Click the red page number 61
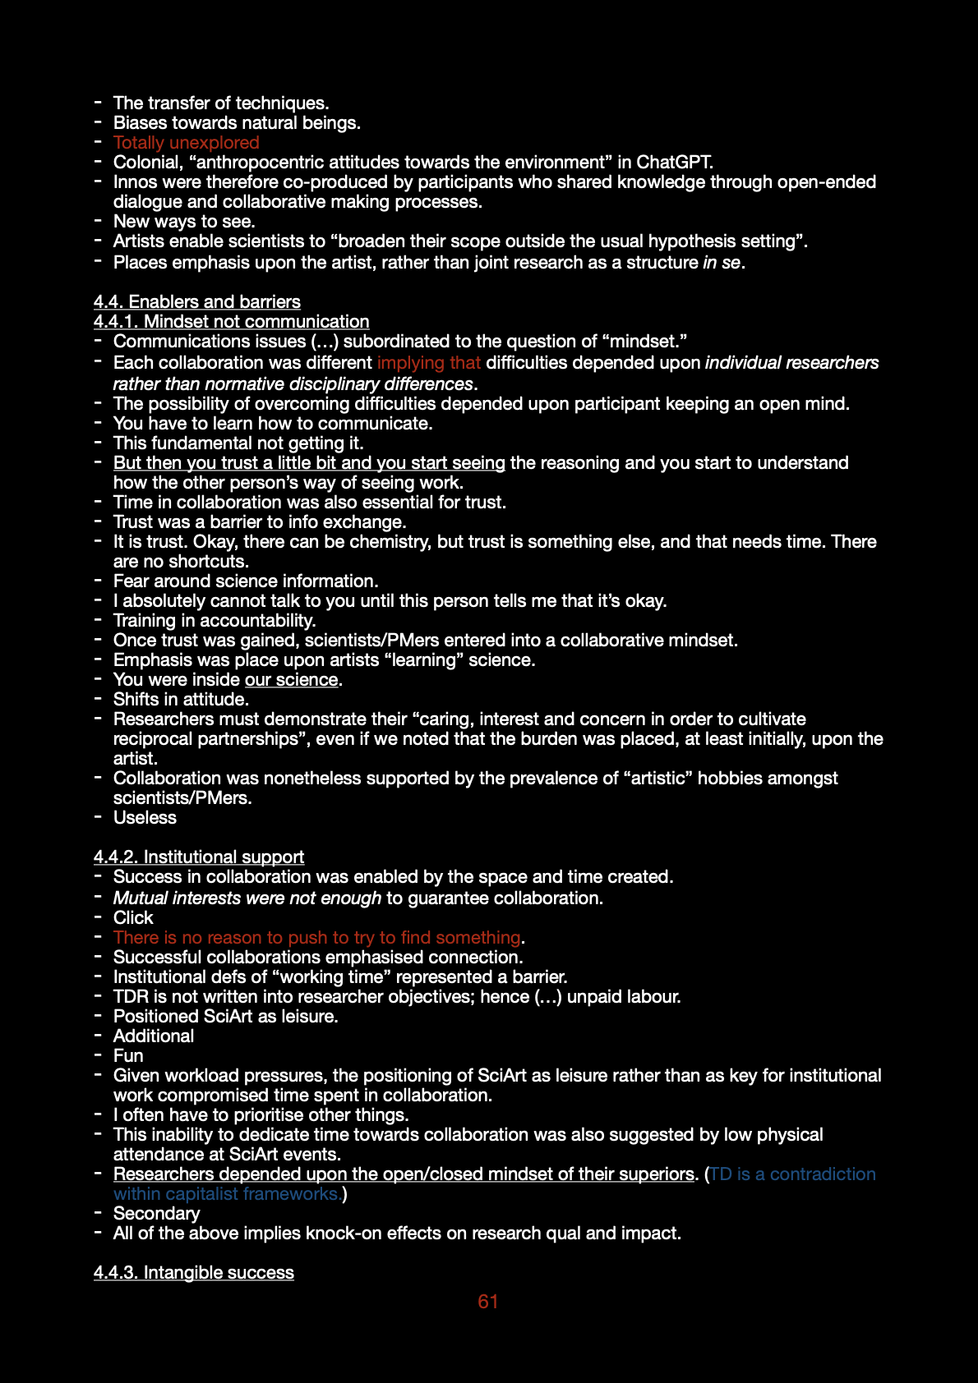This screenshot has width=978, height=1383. pos(488,1302)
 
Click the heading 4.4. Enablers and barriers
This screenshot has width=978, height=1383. pos(197,302)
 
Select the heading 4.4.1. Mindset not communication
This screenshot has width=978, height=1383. pos(232,322)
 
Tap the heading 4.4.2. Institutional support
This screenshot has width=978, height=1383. pos(199,857)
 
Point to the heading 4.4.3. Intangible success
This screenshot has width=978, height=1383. pos(194,1273)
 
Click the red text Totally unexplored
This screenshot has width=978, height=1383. pos(187,143)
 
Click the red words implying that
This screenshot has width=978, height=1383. pos(429,363)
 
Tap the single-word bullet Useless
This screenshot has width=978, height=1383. pos(145,818)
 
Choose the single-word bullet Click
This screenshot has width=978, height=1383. pos(133,918)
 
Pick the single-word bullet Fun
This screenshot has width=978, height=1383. pos(128,1056)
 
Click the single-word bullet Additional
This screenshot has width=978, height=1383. pos(154,1036)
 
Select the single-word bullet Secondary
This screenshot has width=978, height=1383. pos(156,1214)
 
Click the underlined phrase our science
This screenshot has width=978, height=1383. pos(292,680)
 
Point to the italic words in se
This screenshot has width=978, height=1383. pos(722,263)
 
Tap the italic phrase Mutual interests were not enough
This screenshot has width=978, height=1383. pos(247,898)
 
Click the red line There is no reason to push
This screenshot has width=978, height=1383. pos(317,938)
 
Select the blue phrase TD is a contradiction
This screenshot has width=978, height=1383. pos(793,1174)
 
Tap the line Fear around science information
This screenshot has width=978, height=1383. pos(246,581)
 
